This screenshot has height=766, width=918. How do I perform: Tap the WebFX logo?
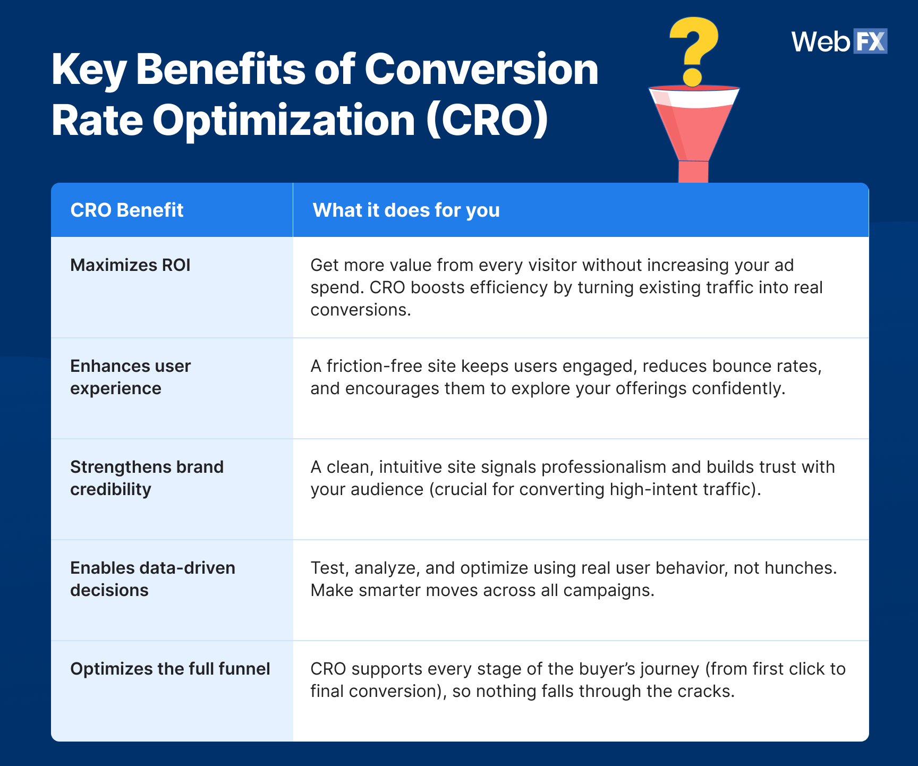(839, 41)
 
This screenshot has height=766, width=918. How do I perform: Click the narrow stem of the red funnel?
(693, 172)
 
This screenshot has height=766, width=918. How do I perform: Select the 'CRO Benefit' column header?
(126, 210)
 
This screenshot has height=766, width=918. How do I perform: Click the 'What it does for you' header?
(406, 210)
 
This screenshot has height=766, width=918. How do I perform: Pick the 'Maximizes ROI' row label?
(130, 265)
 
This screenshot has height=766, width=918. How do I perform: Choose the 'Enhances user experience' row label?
(130, 377)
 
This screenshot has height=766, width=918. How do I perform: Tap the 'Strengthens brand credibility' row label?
(147, 478)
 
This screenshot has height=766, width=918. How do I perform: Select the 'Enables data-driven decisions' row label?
(152, 579)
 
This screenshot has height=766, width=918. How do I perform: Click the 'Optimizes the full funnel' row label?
(170, 669)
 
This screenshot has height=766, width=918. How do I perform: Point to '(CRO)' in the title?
(487, 121)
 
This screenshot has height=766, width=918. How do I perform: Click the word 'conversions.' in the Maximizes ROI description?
(361, 310)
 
